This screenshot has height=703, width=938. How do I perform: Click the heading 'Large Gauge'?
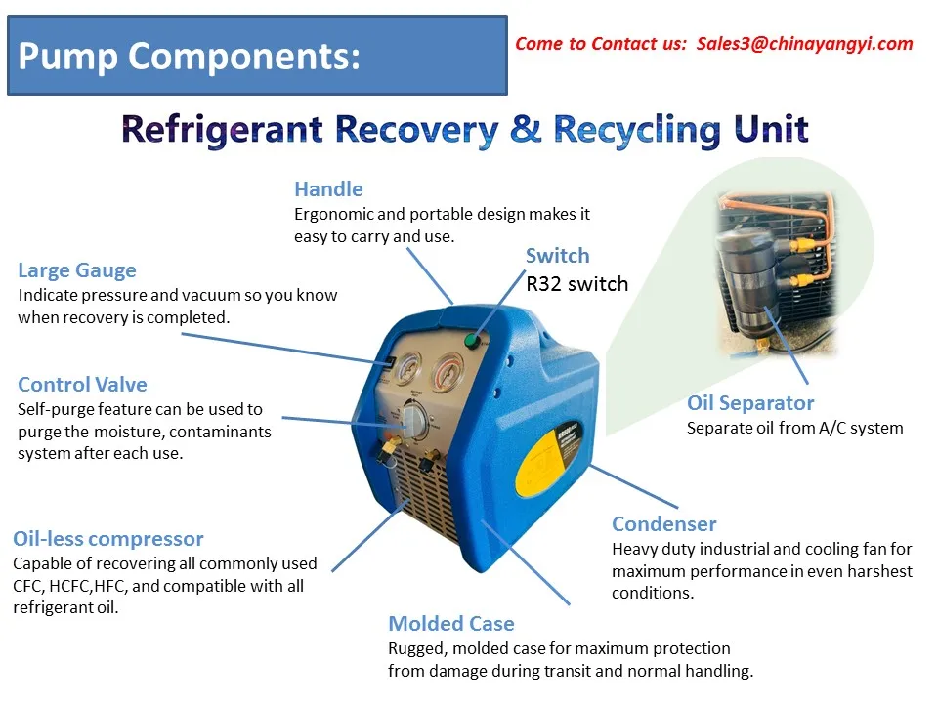click(77, 270)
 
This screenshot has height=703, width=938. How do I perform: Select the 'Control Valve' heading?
click(82, 385)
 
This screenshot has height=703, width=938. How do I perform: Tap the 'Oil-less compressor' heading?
click(108, 539)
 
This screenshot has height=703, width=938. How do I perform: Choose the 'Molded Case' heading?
click(451, 624)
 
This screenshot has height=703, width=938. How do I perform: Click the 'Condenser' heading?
click(664, 524)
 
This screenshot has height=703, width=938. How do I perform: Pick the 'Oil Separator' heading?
click(750, 403)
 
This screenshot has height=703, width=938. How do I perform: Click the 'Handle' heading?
click(328, 189)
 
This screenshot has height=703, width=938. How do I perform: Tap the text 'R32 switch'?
click(576, 284)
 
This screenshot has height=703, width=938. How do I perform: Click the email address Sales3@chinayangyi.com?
click(805, 43)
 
